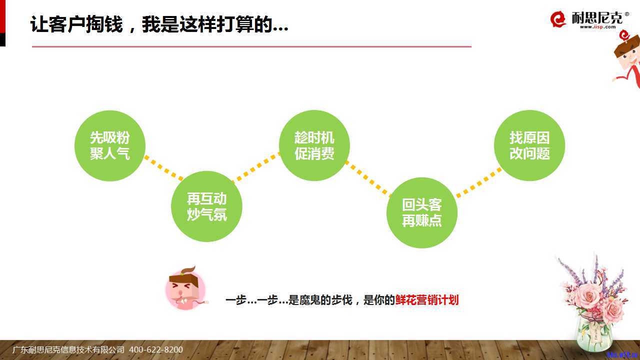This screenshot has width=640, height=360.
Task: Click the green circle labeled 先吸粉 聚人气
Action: click(110, 145)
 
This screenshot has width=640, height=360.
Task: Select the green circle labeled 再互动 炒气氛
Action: click(206, 206)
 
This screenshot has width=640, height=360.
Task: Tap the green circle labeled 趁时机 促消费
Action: click(314, 145)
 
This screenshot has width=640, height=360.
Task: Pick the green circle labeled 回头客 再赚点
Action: click(422, 213)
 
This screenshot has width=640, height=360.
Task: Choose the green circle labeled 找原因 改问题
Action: click(529, 145)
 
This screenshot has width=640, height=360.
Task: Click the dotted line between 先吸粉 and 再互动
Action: click(163, 168)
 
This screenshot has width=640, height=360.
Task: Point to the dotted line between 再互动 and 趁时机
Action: click(255, 167)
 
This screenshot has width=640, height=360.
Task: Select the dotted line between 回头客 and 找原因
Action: click(479, 183)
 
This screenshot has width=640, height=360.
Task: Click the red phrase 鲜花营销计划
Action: click(427, 300)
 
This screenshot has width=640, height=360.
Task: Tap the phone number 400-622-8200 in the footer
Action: click(156, 349)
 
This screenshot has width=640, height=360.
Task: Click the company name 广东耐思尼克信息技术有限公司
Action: click(68, 349)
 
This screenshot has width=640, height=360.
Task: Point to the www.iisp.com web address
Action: click(597, 27)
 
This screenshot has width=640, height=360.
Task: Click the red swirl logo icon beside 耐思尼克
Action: click(558, 19)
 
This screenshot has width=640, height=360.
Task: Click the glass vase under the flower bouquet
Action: click(594, 333)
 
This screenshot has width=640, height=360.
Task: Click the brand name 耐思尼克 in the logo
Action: click(596, 17)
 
